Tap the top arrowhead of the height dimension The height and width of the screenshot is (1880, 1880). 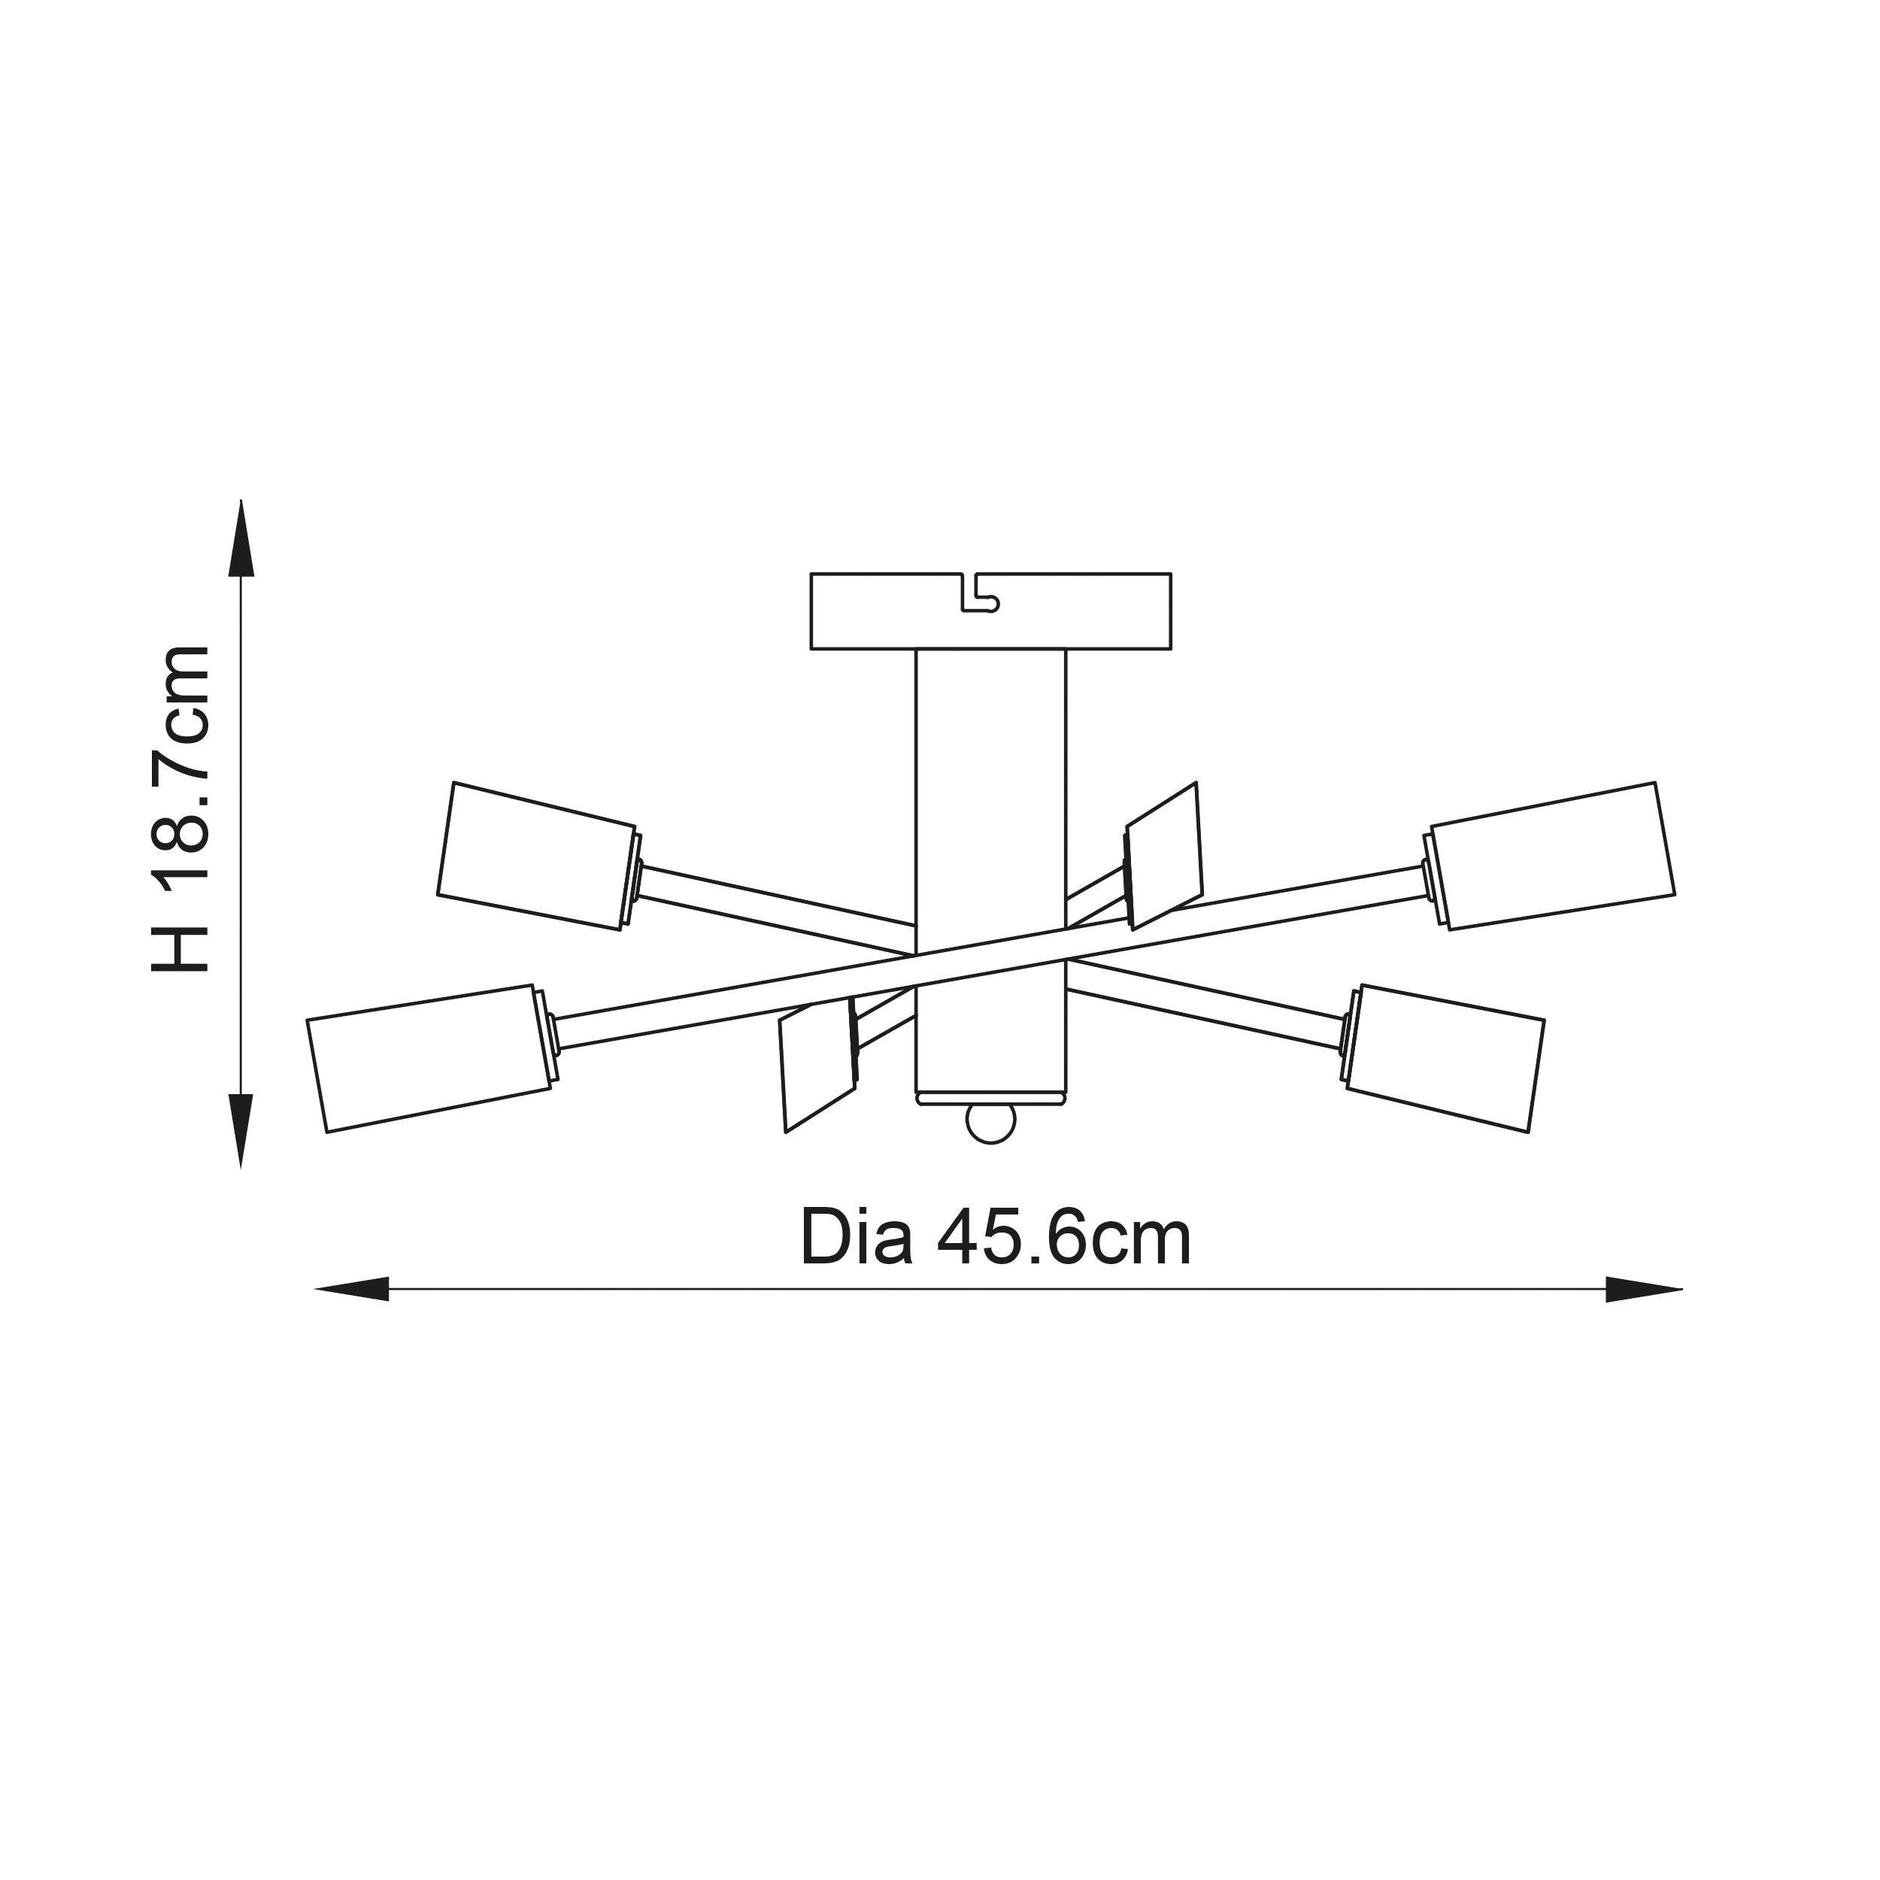[x=241, y=540]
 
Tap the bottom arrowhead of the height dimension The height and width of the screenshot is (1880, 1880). [x=241, y=1129]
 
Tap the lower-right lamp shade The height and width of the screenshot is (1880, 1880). [x=1443, y=1058]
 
